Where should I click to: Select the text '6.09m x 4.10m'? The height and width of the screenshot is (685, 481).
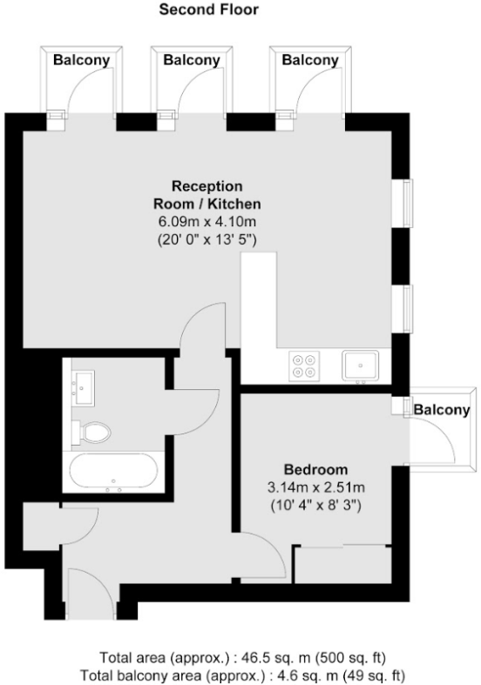pos(207,220)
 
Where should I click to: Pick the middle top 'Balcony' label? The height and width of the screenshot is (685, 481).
pos(191,61)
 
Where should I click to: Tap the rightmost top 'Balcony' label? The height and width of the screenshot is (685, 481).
pos(309,61)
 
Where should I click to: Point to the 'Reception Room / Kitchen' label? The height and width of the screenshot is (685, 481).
pos(207,195)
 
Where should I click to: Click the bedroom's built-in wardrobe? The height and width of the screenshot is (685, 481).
pos(342,566)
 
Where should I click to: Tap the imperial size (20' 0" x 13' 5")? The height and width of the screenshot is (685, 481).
pos(207,238)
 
